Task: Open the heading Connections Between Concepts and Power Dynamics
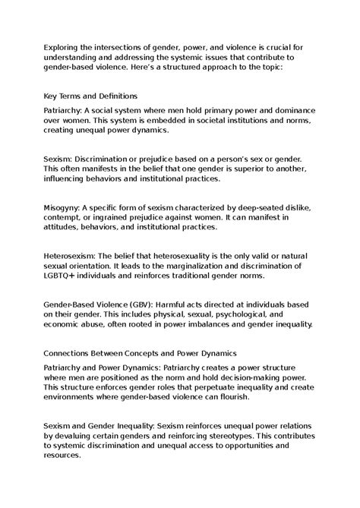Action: (141, 353)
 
